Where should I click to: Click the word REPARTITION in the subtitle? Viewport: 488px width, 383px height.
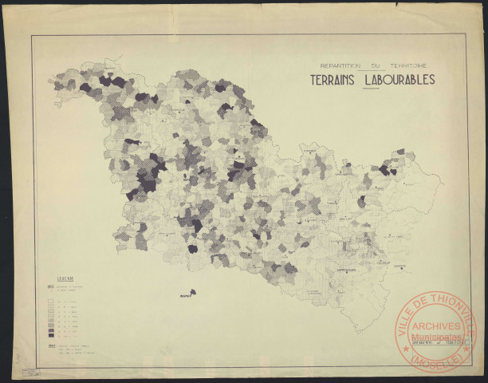click(340, 65)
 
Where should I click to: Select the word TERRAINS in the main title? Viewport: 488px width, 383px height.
click(333, 80)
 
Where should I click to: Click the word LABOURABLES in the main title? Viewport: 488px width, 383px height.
click(399, 80)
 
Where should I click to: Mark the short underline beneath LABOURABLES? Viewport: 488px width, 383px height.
click(371, 89)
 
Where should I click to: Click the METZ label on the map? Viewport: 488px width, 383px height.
click(188, 180)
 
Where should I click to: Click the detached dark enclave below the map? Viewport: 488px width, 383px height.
click(192, 292)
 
